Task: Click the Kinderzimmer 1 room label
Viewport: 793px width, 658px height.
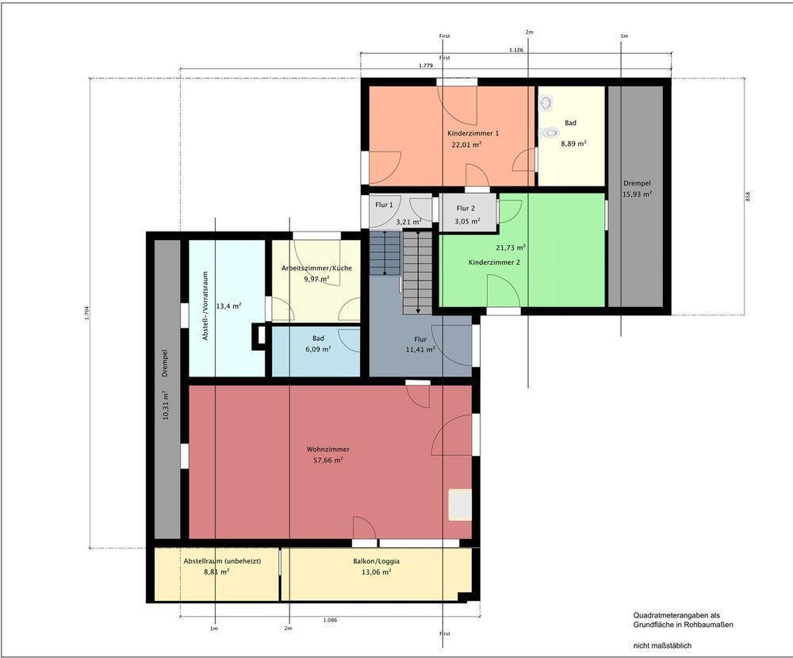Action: [473, 133]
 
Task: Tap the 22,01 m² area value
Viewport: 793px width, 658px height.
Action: [466, 144]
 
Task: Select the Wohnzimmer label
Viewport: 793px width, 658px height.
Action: [328, 450]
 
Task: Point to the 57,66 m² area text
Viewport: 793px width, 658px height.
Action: [328, 461]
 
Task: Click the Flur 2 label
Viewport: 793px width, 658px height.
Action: [465, 208]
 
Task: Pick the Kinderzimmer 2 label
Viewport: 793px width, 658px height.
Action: [494, 262]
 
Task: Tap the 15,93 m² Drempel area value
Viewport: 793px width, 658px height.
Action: [637, 193]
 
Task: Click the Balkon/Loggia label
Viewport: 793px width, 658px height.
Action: [376, 561]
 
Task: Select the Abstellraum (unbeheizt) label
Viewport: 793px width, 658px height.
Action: [222, 561]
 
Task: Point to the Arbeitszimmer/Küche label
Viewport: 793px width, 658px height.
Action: [316, 268]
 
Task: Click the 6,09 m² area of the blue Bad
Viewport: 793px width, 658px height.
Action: [318, 349]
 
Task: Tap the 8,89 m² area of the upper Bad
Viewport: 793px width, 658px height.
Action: [573, 143]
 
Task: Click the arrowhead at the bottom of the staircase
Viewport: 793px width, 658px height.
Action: [418, 311]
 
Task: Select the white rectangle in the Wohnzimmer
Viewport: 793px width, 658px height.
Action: [460, 504]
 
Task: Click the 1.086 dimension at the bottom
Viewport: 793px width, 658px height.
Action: [330, 620]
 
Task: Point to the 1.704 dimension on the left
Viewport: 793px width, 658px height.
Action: [86, 313]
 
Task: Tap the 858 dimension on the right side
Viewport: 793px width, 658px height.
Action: [748, 197]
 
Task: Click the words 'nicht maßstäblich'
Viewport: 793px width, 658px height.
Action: [662, 645]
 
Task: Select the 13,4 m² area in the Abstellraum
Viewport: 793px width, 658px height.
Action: [228, 306]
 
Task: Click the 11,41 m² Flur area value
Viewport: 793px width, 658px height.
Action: [420, 350]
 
